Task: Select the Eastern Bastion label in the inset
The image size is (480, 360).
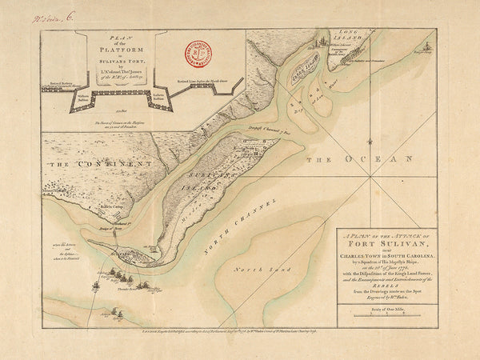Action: point(137,102)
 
